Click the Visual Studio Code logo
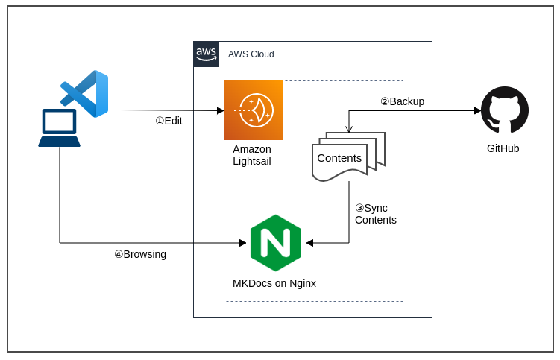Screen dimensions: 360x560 click(85, 94)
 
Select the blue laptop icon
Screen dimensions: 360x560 click(59, 128)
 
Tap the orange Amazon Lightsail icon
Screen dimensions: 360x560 click(254, 110)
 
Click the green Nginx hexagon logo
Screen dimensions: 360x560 click(275, 243)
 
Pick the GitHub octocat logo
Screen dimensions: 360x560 click(505, 110)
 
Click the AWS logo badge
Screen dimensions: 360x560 click(207, 54)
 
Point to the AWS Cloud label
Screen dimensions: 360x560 click(251, 54)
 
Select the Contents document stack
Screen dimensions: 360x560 click(347, 157)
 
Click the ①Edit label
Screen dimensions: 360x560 click(169, 121)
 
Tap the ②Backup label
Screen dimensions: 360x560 click(402, 101)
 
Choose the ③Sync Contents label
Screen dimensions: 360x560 click(375, 214)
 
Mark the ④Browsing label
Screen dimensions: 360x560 click(140, 254)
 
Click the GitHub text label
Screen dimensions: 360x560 click(503, 148)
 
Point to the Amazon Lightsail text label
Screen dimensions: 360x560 click(252, 155)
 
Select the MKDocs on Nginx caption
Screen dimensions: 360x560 click(274, 283)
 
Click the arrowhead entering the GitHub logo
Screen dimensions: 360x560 click(477, 111)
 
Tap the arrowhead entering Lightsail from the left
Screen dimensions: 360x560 click(220, 110)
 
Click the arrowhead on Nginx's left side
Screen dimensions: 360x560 click(242, 243)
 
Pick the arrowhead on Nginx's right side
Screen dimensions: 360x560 click(309, 243)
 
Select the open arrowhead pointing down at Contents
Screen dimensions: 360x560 click(349, 130)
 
